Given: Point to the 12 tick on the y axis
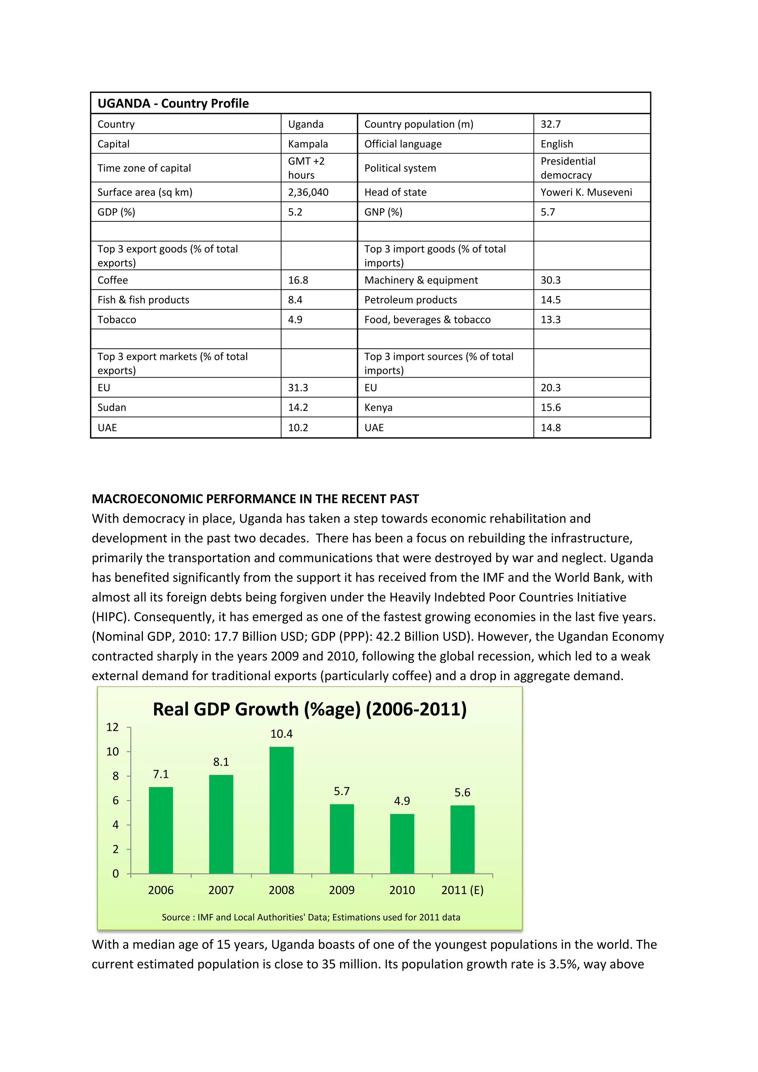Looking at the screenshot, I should pyautogui.click(x=113, y=727).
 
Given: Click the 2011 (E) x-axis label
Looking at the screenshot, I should pyautogui.click(x=462, y=890).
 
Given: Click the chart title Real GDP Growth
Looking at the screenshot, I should pyautogui.click(x=309, y=709).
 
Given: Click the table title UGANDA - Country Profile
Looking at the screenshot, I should pyautogui.click(x=173, y=103).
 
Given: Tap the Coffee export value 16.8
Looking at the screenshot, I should pyautogui.click(x=298, y=280).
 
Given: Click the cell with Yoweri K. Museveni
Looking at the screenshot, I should pyautogui.click(x=586, y=192).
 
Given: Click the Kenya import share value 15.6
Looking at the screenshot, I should pyautogui.click(x=551, y=408).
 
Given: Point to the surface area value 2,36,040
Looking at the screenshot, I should pyautogui.click(x=308, y=192).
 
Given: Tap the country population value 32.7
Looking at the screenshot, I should pyautogui.click(x=551, y=124).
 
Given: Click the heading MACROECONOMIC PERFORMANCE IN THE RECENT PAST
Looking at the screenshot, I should pyautogui.click(x=255, y=499).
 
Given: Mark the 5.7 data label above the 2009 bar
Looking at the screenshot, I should pyautogui.click(x=342, y=791).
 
